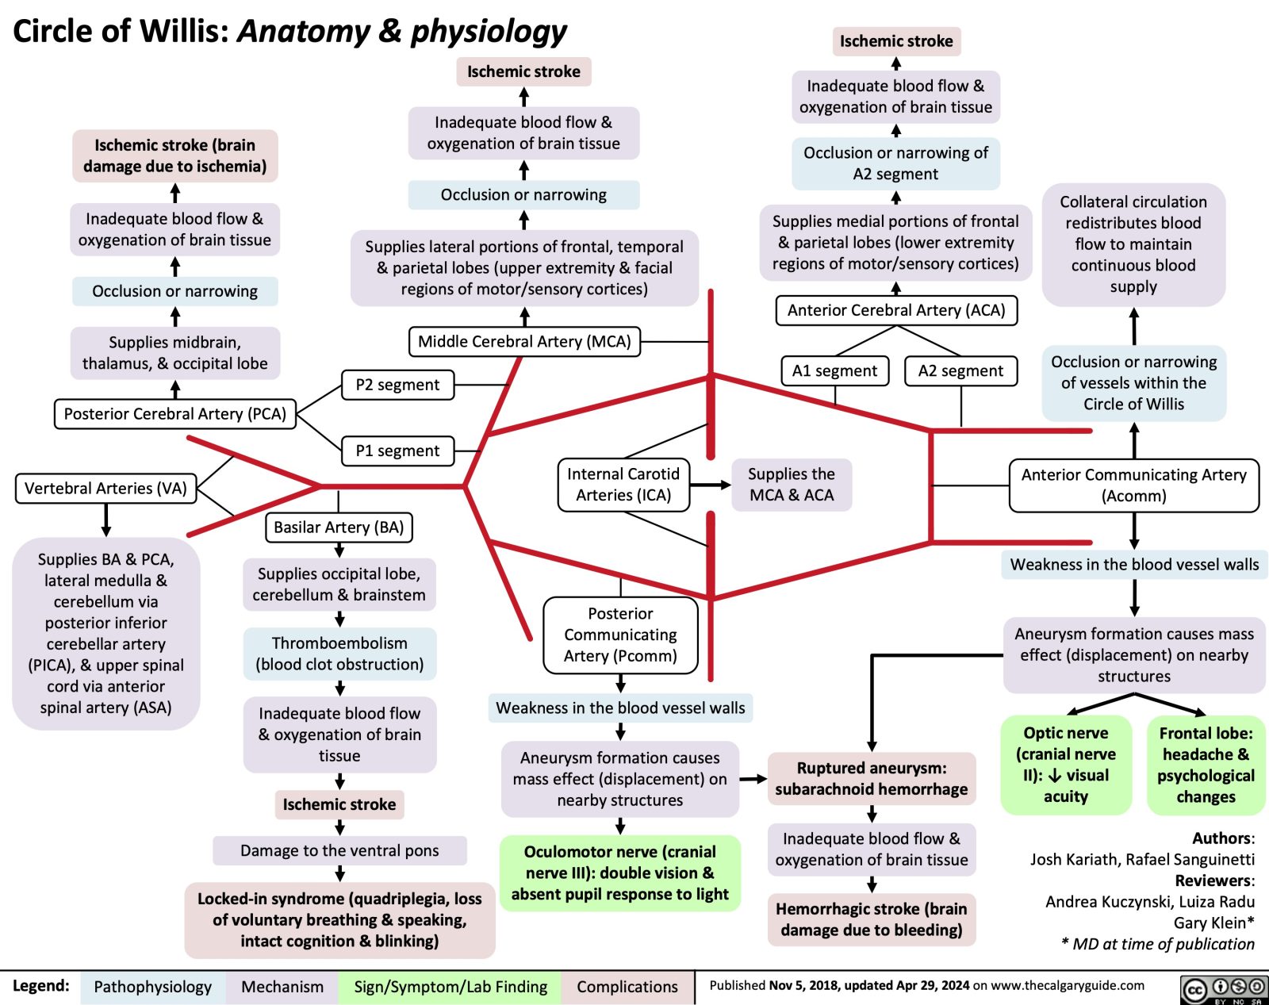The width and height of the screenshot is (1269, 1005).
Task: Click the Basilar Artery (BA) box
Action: pos(339,527)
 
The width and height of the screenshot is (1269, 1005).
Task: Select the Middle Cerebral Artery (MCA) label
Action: pos(524,342)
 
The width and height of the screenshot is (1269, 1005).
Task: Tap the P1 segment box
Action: pos(397,451)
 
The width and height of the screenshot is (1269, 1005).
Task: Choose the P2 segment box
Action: pos(397,385)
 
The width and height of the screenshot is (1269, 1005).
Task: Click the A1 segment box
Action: pos(834,370)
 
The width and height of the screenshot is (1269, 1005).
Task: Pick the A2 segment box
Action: pos(960,370)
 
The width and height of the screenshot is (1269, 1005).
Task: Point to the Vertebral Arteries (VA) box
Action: pos(105,488)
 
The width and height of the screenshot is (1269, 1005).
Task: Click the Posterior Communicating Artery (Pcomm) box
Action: pos(620,635)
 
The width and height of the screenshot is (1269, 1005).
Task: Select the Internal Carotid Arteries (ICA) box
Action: pos(623,485)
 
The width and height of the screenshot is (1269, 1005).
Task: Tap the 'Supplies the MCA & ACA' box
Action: pos(791,485)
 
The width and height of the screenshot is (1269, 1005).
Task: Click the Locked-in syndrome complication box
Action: pos(339,920)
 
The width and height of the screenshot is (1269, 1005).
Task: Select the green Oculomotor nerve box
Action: pos(619,873)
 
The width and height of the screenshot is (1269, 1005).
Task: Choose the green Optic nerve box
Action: pos(1065,765)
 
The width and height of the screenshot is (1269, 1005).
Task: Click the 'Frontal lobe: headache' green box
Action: pos(1206,765)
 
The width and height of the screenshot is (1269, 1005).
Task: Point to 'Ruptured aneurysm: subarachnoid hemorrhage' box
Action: pos(871,778)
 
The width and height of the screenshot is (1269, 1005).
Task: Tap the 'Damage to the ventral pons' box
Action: pos(339,850)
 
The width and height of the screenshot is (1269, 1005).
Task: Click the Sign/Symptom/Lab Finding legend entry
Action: pos(450,987)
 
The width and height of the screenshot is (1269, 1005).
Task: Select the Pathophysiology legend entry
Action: pos(152,987)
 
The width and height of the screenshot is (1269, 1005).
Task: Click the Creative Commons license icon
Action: pos(1225,989)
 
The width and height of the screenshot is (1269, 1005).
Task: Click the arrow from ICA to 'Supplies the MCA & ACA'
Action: pos(711,485)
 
